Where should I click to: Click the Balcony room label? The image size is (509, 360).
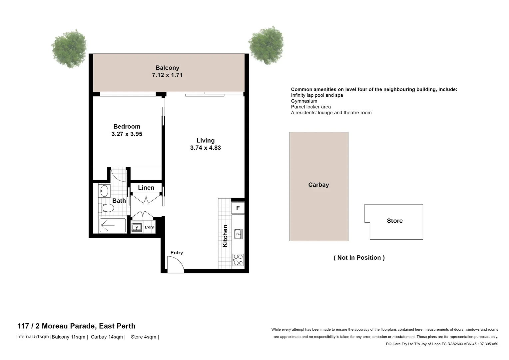pyautogui.click(x=167, y=68)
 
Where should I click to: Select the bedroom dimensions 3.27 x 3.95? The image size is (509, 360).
pyautogui.click(x=127, y=134)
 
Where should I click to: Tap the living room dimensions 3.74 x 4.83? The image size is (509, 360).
pyautogui.click(x=205, y=148)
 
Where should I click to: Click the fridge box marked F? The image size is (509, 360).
pyautogui.click(x=238, y=208)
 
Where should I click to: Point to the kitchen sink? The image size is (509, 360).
pyautogui.click(x=238, y=234)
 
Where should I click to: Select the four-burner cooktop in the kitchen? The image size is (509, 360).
pyautogui.click(x=238, y=260)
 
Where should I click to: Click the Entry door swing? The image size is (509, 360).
pyautogui.click(x=176, y=265)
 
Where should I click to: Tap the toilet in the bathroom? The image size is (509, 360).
pyautogui.click(x=107, y=208)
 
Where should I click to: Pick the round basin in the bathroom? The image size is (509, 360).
pyautogui.click(x=104, y=191)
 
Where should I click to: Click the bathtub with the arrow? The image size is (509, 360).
pyautogui.click(x=113, y=226)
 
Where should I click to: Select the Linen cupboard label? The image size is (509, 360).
pyautogui.click(x=146, y=188)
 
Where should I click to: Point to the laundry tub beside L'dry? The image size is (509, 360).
pyautogui.click(x=137, y=227)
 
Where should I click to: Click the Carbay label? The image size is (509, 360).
pyautogui.click(x=318, y=185)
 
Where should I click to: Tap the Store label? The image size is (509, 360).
pyautogui.click(x=395, y=221)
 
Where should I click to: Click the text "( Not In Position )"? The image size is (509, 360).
pyautogui.click(x=359, y=258)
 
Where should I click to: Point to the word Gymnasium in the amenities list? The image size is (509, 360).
pyautogui.click(x=304, y=101)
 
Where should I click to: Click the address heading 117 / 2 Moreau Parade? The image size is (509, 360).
pyautogui.click(x=77, y=326)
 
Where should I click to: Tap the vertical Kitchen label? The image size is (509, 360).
pyautogui.click(x=225, y=236)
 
